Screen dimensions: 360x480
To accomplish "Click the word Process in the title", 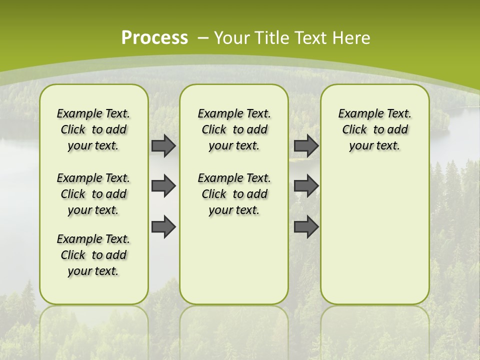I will [x=154, y=38].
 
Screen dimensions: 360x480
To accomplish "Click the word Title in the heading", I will [x=272, y=38].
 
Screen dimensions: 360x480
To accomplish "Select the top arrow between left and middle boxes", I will [x=163, y=145].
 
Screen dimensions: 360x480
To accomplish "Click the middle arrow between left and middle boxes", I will [x=163, y=186].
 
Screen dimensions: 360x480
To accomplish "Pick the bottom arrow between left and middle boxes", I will [x=163, y=226].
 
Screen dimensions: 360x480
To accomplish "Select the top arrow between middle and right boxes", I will [x=306, y=145].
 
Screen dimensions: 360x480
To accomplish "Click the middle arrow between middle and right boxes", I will [x=306, y=186].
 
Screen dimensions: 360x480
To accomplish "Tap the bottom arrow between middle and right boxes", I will [x=306, y=226].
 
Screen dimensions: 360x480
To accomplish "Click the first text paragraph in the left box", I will [x=93, y=129].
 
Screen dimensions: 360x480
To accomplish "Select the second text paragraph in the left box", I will [x=93, y=194].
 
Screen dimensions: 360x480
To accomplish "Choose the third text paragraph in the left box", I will [x=93, y=255].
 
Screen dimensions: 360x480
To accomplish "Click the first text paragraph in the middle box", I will [x=234, y=129].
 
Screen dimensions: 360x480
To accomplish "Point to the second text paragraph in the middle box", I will [x=234, y=194].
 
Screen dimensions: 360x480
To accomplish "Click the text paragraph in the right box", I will [x=374, y=129].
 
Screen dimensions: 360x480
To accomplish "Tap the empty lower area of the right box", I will [x=374, y=240].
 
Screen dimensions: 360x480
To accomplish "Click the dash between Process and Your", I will [x=203, y=38].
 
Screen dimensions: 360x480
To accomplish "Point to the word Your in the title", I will [x=232, y=38].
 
